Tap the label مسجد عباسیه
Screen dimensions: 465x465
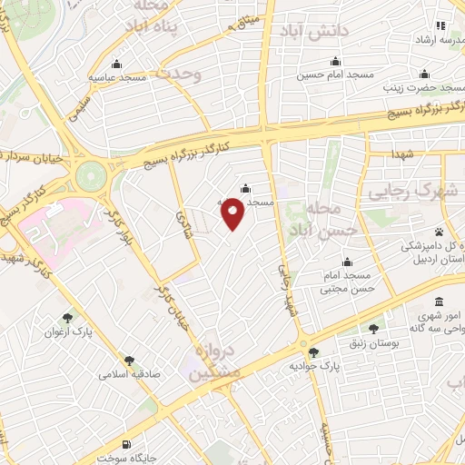117,78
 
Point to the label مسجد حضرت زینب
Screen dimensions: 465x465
421,88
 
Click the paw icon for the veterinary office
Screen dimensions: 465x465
440,232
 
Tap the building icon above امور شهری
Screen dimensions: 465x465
440,302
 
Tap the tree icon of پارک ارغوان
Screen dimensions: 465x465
68,317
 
